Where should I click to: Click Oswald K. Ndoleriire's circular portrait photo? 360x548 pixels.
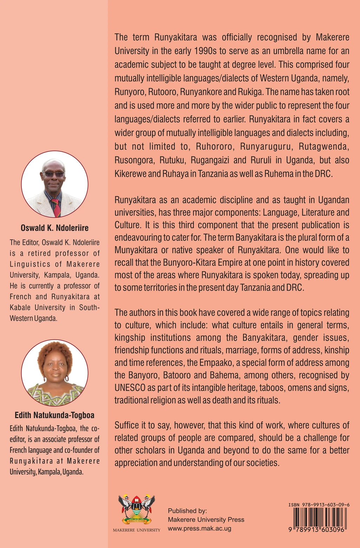pyautogui.click(x=54, y=184)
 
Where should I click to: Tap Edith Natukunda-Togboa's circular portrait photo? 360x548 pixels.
pyautogui.click(x=54, y=373)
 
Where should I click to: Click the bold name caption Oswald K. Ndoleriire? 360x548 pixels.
pyautogui.click(x=54, y=228)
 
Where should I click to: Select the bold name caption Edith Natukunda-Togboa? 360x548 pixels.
pyautogui.click(x=54, y=415)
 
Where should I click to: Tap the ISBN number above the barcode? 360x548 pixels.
pyautogui.click(x=319, y=505)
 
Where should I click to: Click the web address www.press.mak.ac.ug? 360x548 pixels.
pyautogui.click(x=199, y=528)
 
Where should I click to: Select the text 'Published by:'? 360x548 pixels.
pyautogui.click(x=187, y=511)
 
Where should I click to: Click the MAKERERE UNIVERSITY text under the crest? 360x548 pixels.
pyautogui.click(x=137, y=530)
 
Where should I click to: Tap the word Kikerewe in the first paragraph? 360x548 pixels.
pyautogui.click(x=130, y=174)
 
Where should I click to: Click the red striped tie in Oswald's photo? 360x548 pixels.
pyautogui.click(x=55, y=207)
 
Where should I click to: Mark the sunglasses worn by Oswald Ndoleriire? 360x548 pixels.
pyautogui.click(x=53, y=174)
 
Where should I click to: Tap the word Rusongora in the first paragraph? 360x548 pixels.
pyautogui.click(x=134, y=161)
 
